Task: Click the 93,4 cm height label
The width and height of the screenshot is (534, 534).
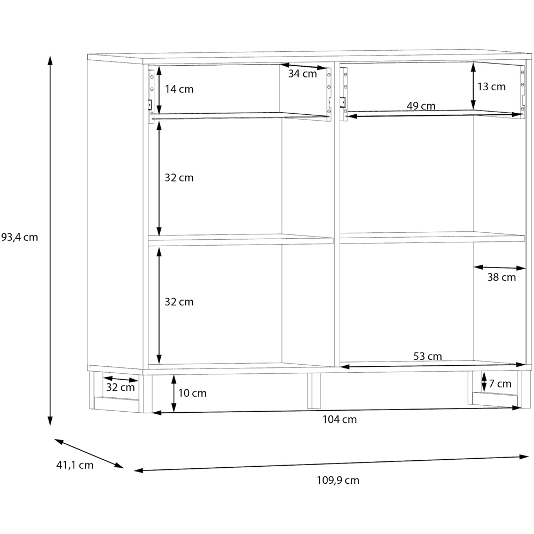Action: pyautogui.click(x=20, y=237)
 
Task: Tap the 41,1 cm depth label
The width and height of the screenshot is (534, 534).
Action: pyautogui.click(x=75, y=465)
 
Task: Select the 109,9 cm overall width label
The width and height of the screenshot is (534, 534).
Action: pyautogui.click(x=338, y=480)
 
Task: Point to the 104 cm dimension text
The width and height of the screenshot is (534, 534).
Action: pyautogui.click(x=340, y=419)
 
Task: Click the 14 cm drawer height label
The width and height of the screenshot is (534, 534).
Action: pyautogui.click(x=179, y=89)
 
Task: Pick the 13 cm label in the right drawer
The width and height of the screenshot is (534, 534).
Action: pyautogui.click(x=491, y=87)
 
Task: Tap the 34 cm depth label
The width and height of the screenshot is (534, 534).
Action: pyautogui.click(x=302, y=74)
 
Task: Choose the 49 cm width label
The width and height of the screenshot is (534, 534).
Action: pyautogui.click(x=421, y=106)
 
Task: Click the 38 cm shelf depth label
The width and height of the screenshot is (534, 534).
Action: pyautogui.click(x=501, y=277)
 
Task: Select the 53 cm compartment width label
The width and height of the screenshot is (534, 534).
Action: pyautogui.click(x=427, y=356)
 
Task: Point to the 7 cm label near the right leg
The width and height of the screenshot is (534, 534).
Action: pyautogui.click(x=500, y=384)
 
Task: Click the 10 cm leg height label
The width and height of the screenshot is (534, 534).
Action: pyautogui.click(x=192, y=393)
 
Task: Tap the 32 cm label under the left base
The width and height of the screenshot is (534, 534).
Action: pyautogui.click(x=120, y=387)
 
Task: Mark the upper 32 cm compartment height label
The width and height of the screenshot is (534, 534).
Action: pyautogui.click(x=179, y=178)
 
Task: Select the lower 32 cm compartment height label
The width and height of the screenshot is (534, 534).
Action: pyautogui.click(x=179, y=302)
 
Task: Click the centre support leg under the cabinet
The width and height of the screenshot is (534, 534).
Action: pyautogui.click(x=314, y=391)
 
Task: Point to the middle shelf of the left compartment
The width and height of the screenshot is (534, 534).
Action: pyautogui.click(x=240, y=240)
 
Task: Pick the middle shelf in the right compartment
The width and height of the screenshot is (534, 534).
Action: pyautogui.click(x=432, y=238)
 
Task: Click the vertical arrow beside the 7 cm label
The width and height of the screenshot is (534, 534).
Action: pyautogui.click(x=484, y=382)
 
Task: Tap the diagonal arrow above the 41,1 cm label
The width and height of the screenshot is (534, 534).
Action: pyautogui.click(x=89, y=453)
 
